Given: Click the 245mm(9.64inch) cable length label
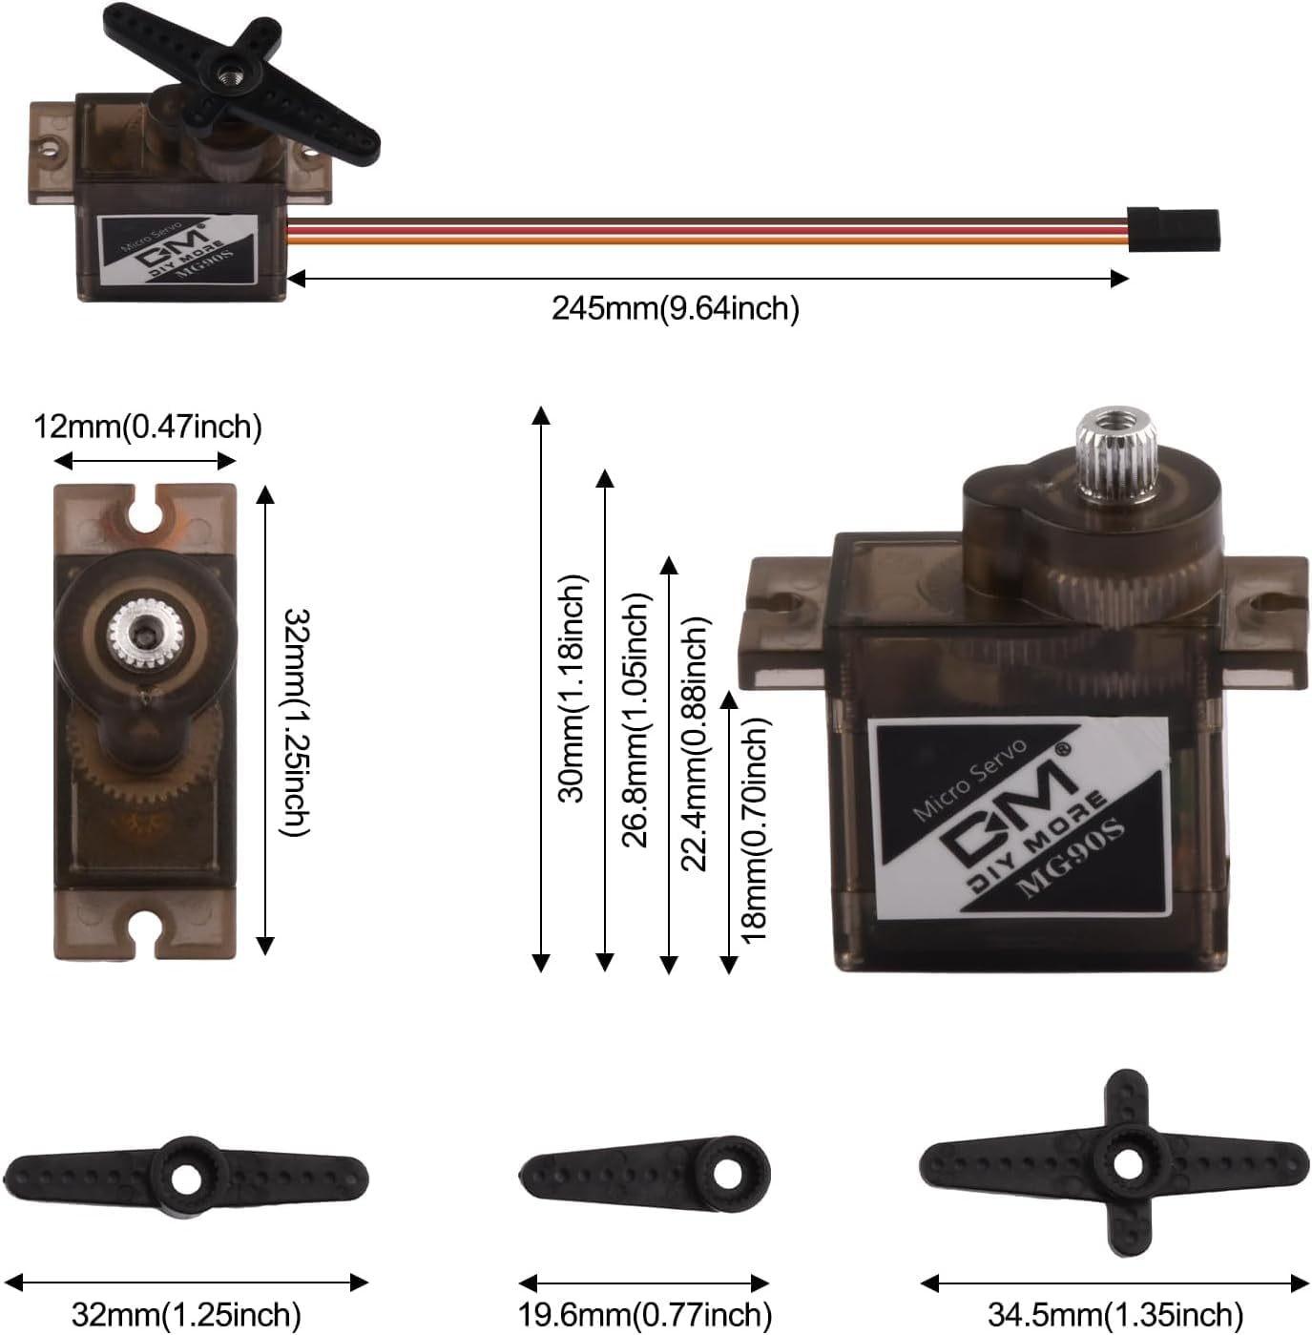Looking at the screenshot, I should pyautogui.click(x=675, y=308).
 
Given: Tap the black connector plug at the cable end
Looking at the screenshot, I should pyautogui.click(x=1173, y=229).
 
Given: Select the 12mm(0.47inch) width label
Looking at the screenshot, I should pyautogui.click(x=148, y=426).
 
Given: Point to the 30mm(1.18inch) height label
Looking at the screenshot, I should pyautogui.click(x=571, y=688).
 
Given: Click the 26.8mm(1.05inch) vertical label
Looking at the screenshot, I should pyautogui.click(x=635, y=720).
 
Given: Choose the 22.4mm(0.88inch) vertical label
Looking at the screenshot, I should pyautogui.click(x=695, y=743).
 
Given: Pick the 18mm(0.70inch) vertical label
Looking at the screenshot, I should pyautogui.click(x=754, y=829).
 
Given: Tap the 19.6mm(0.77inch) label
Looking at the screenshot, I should pyautogui.click(x=644, y=1314).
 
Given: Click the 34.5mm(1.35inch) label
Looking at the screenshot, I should pyautogui.click(x=1114, y=1314).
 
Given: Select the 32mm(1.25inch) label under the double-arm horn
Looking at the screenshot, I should pyautogui.click(x=186, y=1314).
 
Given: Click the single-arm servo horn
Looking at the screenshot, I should pyautogui.click(x=644, y=1172).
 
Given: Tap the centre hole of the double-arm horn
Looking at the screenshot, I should pyautogui.click(x=186, y=1178).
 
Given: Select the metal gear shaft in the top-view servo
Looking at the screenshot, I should pyautogui.click(x=144, y=631).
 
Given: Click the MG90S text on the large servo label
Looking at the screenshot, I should pyautogui.click(x=1070, y=856).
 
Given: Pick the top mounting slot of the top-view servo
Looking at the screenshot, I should pyautogui.click(x=145, y=509).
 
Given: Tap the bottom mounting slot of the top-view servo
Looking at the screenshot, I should pyautogui.click(x=145, y=932).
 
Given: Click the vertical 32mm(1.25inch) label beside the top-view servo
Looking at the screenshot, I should pyautogui.click(x=296, y=722).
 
